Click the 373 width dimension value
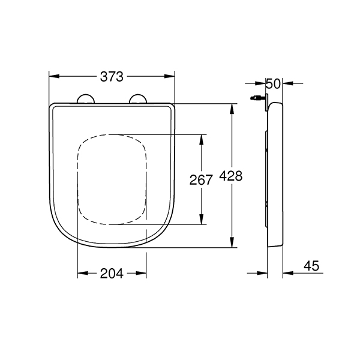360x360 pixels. [112, 77]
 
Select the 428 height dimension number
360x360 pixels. [231, 176]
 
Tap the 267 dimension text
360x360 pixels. [201, 180]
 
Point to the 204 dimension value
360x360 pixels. [112, 274]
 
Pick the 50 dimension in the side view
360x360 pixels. [273, 83]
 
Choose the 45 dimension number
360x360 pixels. [311, 266]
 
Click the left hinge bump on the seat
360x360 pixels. [86, 99]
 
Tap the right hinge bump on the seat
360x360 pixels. [138, 99]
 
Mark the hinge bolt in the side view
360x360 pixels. [257, 98]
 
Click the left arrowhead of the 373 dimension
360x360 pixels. [54, 76]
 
